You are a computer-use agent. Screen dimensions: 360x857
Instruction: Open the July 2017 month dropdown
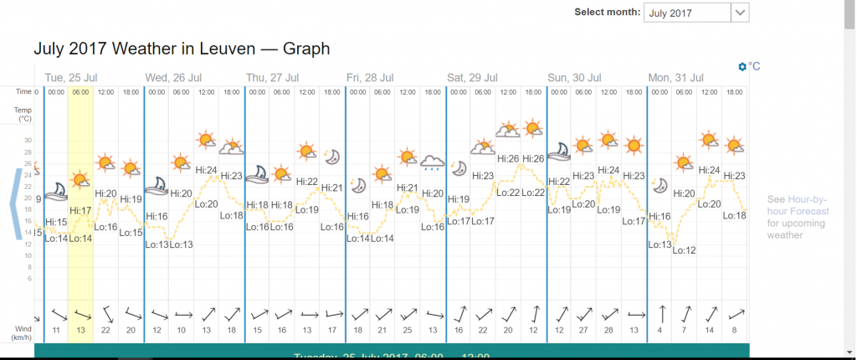[696, 13]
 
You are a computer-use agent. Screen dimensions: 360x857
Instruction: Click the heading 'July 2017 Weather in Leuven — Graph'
[182, 49]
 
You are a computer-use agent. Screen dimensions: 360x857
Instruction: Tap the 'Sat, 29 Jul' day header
[474, 77]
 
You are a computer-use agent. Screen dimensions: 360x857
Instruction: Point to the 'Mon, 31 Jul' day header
[676, 77]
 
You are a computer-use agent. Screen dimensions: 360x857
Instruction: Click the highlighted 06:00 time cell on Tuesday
[80, 91]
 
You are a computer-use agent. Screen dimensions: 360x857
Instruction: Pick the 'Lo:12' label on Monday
[684, 249]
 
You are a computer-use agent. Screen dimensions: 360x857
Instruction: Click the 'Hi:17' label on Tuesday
[80, 210]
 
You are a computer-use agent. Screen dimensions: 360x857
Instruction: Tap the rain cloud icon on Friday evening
[432, 162]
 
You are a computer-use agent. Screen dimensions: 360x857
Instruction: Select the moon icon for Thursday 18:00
[331, 157]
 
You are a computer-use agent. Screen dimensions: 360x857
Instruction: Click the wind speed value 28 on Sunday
[608, 331]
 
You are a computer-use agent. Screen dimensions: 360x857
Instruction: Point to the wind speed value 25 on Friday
[408, 331]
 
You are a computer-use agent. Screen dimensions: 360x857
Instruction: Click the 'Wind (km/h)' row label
[23, 332]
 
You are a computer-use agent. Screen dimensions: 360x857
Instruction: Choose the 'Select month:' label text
[607, 13]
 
